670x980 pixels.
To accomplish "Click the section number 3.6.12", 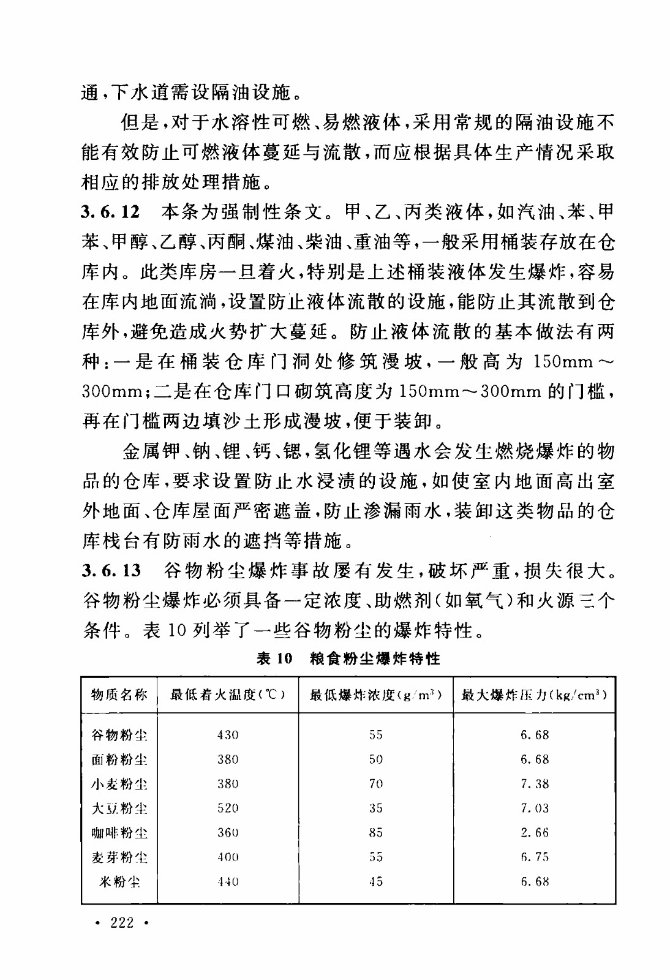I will pyautogui.click(x=111, y=213).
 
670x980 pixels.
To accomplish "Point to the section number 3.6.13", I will pyautogui.click(x=111, y=571).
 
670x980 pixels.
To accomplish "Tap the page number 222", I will pyautogui.click(x=122, y=922).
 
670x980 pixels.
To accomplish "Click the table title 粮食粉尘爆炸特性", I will pyautogui.click(x=375, y=659).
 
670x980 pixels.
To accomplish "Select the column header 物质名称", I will pyautogui.click(x=119, y=695).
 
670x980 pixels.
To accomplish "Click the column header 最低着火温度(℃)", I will pyautogui.click(x=228, y=695).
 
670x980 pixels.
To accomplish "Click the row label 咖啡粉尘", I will pyautogui.click(x=119, y=833).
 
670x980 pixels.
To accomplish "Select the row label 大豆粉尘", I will pyautogui.click(x=119, y=809).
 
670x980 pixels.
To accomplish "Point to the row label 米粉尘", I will pyautogui.click(x=119, y=882).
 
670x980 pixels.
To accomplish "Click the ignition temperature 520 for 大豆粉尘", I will pyautogui.click(x=228, y=809).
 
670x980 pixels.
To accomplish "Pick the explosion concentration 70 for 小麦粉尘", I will pyautogui.click(x=375, y=784).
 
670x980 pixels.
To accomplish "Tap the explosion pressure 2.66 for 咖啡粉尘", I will pyautogui.click(x=535, y=833).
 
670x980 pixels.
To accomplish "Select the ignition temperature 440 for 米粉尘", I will pyautogui.click(x=228, y=882).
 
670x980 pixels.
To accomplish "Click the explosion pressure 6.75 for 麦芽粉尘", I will pyautogui.click(x=535, y=858).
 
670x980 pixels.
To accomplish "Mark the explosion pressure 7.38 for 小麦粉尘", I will pyautogui.click(x=535, y=784).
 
